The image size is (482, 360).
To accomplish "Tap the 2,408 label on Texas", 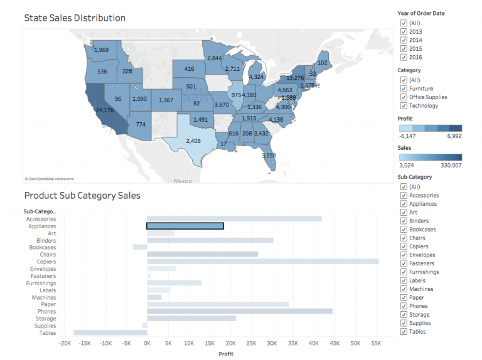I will coord(192,140).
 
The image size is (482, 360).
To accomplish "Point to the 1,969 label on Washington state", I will coord(101,50).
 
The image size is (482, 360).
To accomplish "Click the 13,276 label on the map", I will coord(295,78).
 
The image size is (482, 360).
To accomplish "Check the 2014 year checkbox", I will coord(404,40).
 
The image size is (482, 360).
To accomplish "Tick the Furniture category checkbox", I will coord(404,88).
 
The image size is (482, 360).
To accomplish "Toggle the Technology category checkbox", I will coord(404,105).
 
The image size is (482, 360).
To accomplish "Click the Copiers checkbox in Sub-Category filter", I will coord(404,246).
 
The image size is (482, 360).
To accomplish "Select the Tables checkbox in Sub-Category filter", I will coord(404,332).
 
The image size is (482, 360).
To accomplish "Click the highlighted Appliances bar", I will coord(185,226).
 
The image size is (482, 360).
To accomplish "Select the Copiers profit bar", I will coord(262,262).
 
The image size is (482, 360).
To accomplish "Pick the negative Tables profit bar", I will coord(110,333).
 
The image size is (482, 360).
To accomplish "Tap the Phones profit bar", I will coord(239,312).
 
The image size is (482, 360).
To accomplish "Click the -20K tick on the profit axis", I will coord(65,344).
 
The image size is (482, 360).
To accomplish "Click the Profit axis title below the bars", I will coord(227,354).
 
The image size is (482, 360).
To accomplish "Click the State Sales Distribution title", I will coord(74,18).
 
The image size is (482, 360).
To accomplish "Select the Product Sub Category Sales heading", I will coord(82,195).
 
